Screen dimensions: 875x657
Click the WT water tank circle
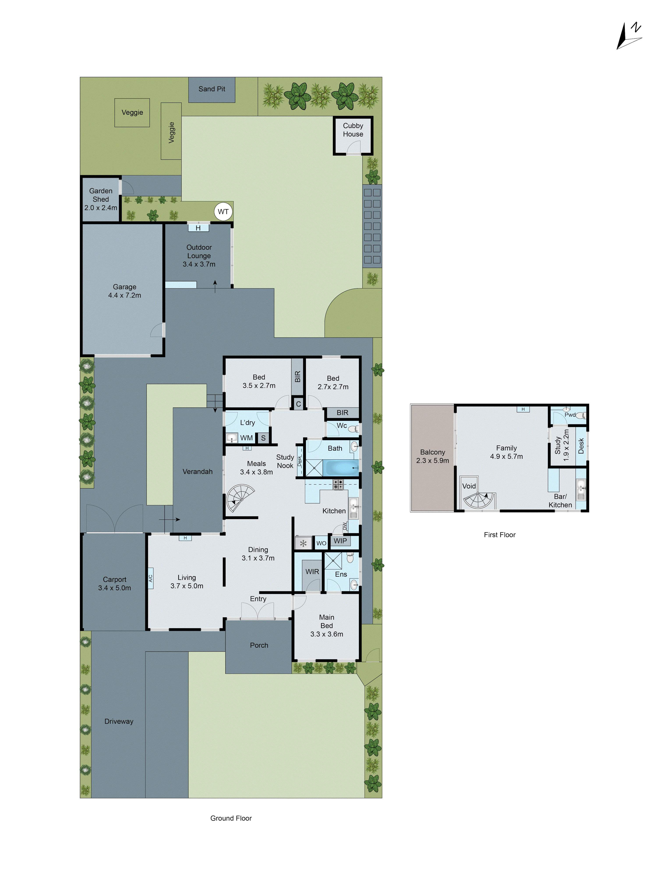point(223,212)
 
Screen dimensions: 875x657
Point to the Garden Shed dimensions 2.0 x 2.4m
point(101,208)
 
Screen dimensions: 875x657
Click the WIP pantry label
point(340,541)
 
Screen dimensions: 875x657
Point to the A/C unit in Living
point(150,578)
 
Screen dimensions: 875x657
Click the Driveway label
point(119,721)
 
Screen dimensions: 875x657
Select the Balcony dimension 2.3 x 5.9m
point(433,460)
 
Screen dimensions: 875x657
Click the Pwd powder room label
point(570,415)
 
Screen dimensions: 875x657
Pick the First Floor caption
point(499,535)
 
